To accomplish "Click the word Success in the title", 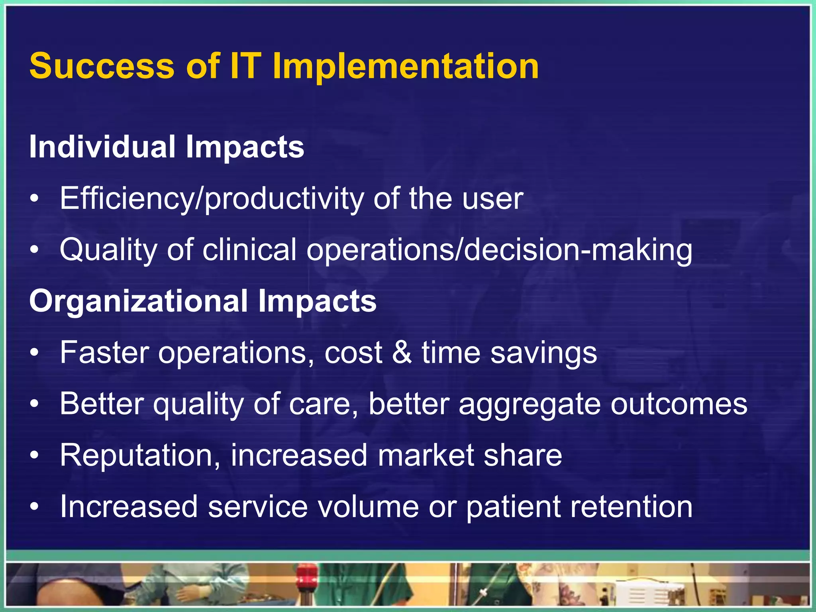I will [102, 66].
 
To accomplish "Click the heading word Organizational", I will [138, 301].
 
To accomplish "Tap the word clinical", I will [249, 250].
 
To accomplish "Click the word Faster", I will [104, 353].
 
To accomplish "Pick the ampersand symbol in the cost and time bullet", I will [402, 353].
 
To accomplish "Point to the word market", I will [426, 455].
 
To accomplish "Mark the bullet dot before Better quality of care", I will [35, 404].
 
